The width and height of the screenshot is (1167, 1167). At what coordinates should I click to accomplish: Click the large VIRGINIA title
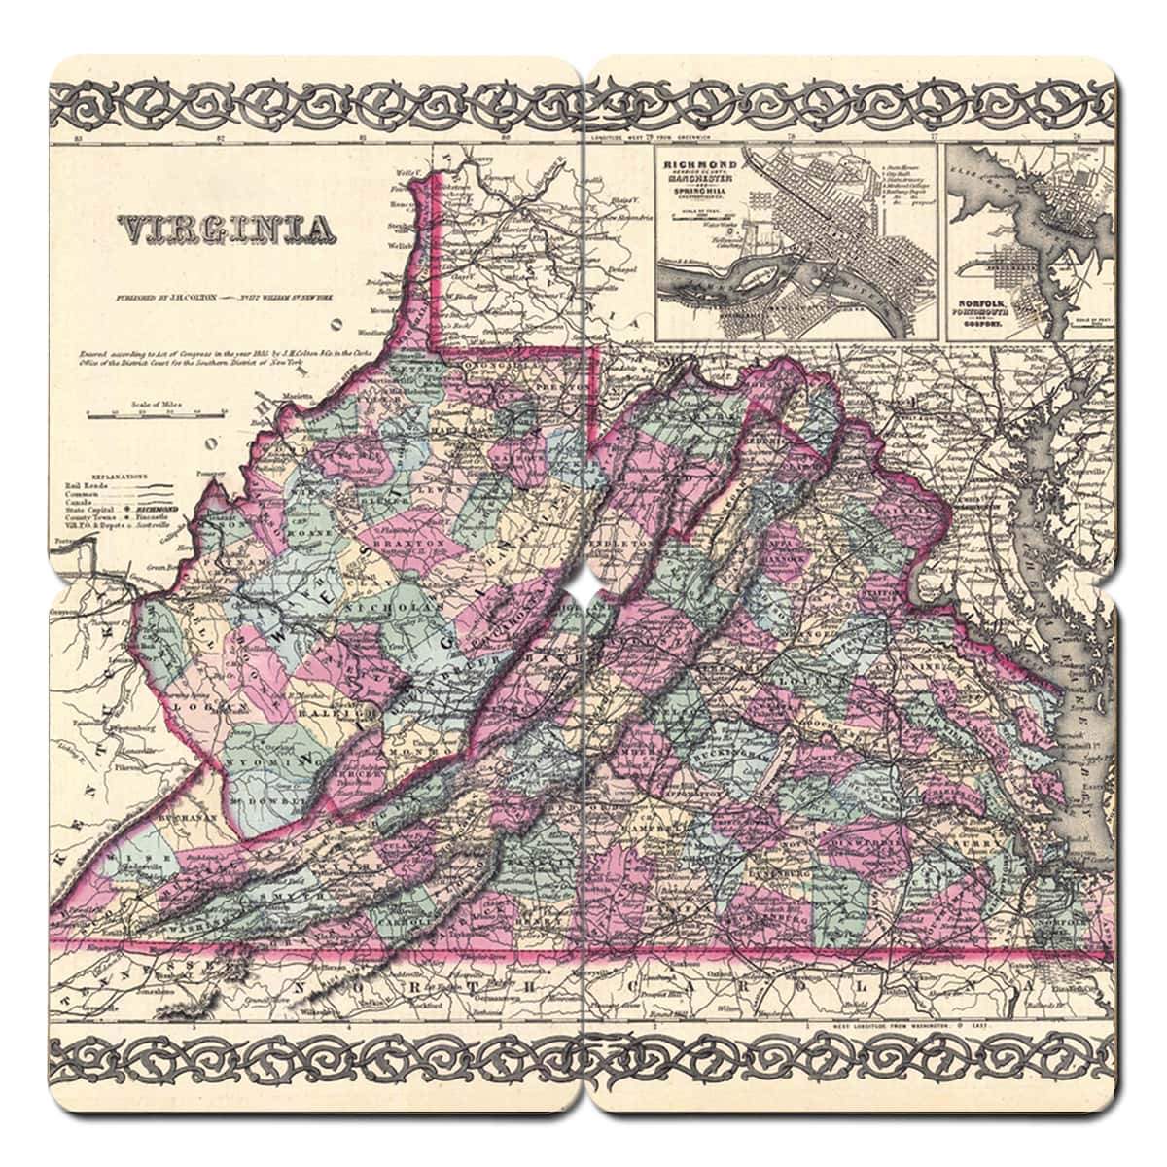tap(222, 230)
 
